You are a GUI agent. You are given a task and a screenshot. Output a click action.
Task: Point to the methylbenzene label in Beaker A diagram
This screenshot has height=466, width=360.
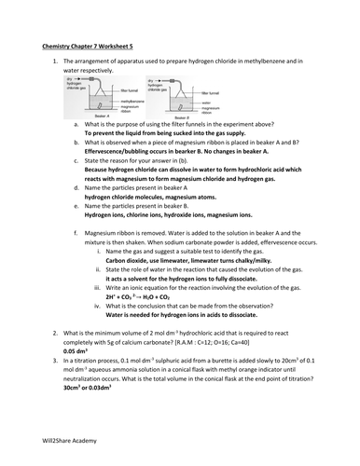click(x=132, y=100)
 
